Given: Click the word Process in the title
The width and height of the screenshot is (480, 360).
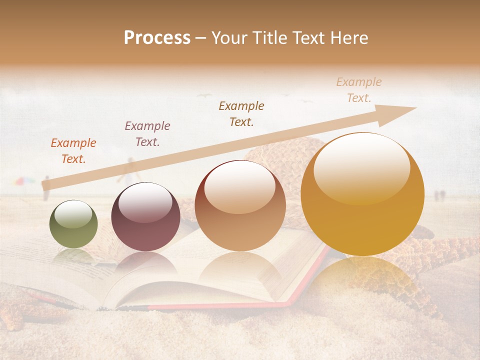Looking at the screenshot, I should point(157,38).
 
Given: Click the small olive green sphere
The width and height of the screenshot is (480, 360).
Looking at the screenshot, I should point(73,224).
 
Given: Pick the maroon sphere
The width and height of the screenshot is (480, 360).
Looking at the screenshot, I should point(145,217).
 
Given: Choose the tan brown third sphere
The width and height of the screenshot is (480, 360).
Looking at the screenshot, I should point(240,205).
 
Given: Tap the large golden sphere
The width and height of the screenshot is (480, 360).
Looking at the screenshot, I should point(362,194).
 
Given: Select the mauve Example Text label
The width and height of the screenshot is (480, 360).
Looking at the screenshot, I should point(147,134).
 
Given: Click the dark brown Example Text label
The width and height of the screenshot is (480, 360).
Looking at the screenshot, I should point(241,113).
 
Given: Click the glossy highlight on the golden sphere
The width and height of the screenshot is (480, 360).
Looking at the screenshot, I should point(361,167).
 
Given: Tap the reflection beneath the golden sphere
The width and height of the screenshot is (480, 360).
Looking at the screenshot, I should point(362,280).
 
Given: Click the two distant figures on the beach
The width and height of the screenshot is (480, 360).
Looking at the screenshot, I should point(439,195).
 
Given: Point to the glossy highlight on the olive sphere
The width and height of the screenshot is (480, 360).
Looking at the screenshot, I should point(73,215).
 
